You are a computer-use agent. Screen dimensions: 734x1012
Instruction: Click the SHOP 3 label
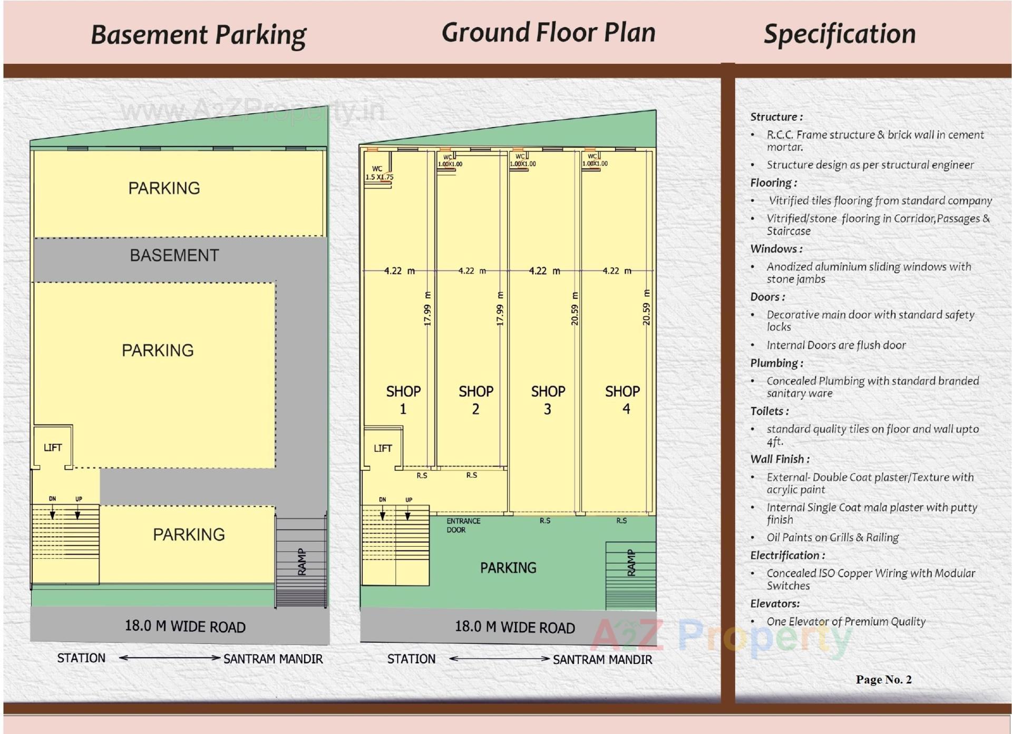[x=548, y=400]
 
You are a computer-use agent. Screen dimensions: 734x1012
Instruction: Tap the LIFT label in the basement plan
[x=53, y=448]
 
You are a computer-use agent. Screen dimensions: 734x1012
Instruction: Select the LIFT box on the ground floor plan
[x=383, y=448]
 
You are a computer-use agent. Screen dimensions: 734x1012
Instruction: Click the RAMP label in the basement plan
[x=302, y=562]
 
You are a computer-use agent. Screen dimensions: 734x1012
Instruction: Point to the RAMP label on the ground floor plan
[x=631, y=563]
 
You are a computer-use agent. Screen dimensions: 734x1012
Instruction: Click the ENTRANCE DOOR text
[x=463, y=525]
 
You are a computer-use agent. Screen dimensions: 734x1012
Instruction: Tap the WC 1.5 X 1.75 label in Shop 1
[x=378, y=173]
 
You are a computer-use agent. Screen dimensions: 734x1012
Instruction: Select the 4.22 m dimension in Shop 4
[x=616, y=271]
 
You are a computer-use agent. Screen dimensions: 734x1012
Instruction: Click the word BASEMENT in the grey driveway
[x=174, y=256]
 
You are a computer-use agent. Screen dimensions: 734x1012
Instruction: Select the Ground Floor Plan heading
[x=548, y=33]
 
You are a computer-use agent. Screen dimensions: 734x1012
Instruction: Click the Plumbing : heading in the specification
[x=776, y=363]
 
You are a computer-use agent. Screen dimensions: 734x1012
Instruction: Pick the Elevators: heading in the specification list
[x=775, y=604]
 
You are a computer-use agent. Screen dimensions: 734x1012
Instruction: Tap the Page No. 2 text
[x=883, y=680]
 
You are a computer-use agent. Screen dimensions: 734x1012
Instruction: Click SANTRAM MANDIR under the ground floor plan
[x=602, y=660]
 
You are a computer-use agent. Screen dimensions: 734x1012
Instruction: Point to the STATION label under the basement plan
[x=81, y=658]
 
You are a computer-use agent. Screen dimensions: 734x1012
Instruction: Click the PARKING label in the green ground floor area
[x=508, y=568]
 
